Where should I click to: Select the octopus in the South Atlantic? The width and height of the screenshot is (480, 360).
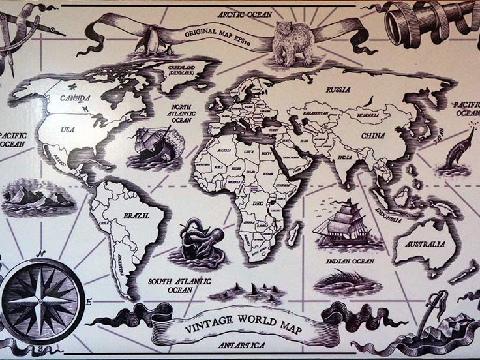click(x=202, y=241)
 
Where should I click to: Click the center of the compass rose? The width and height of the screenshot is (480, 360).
click(x=40, y=301)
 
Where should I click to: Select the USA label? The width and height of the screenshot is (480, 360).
click(x=67, y=129)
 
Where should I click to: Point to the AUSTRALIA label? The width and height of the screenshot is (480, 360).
click(x=425, y=245)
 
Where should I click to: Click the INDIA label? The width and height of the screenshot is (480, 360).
click(x=346, y=158)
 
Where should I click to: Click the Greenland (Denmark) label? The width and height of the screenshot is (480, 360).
click(x=185, y=67)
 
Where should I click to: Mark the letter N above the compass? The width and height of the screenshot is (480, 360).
click(x=40, y=254)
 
